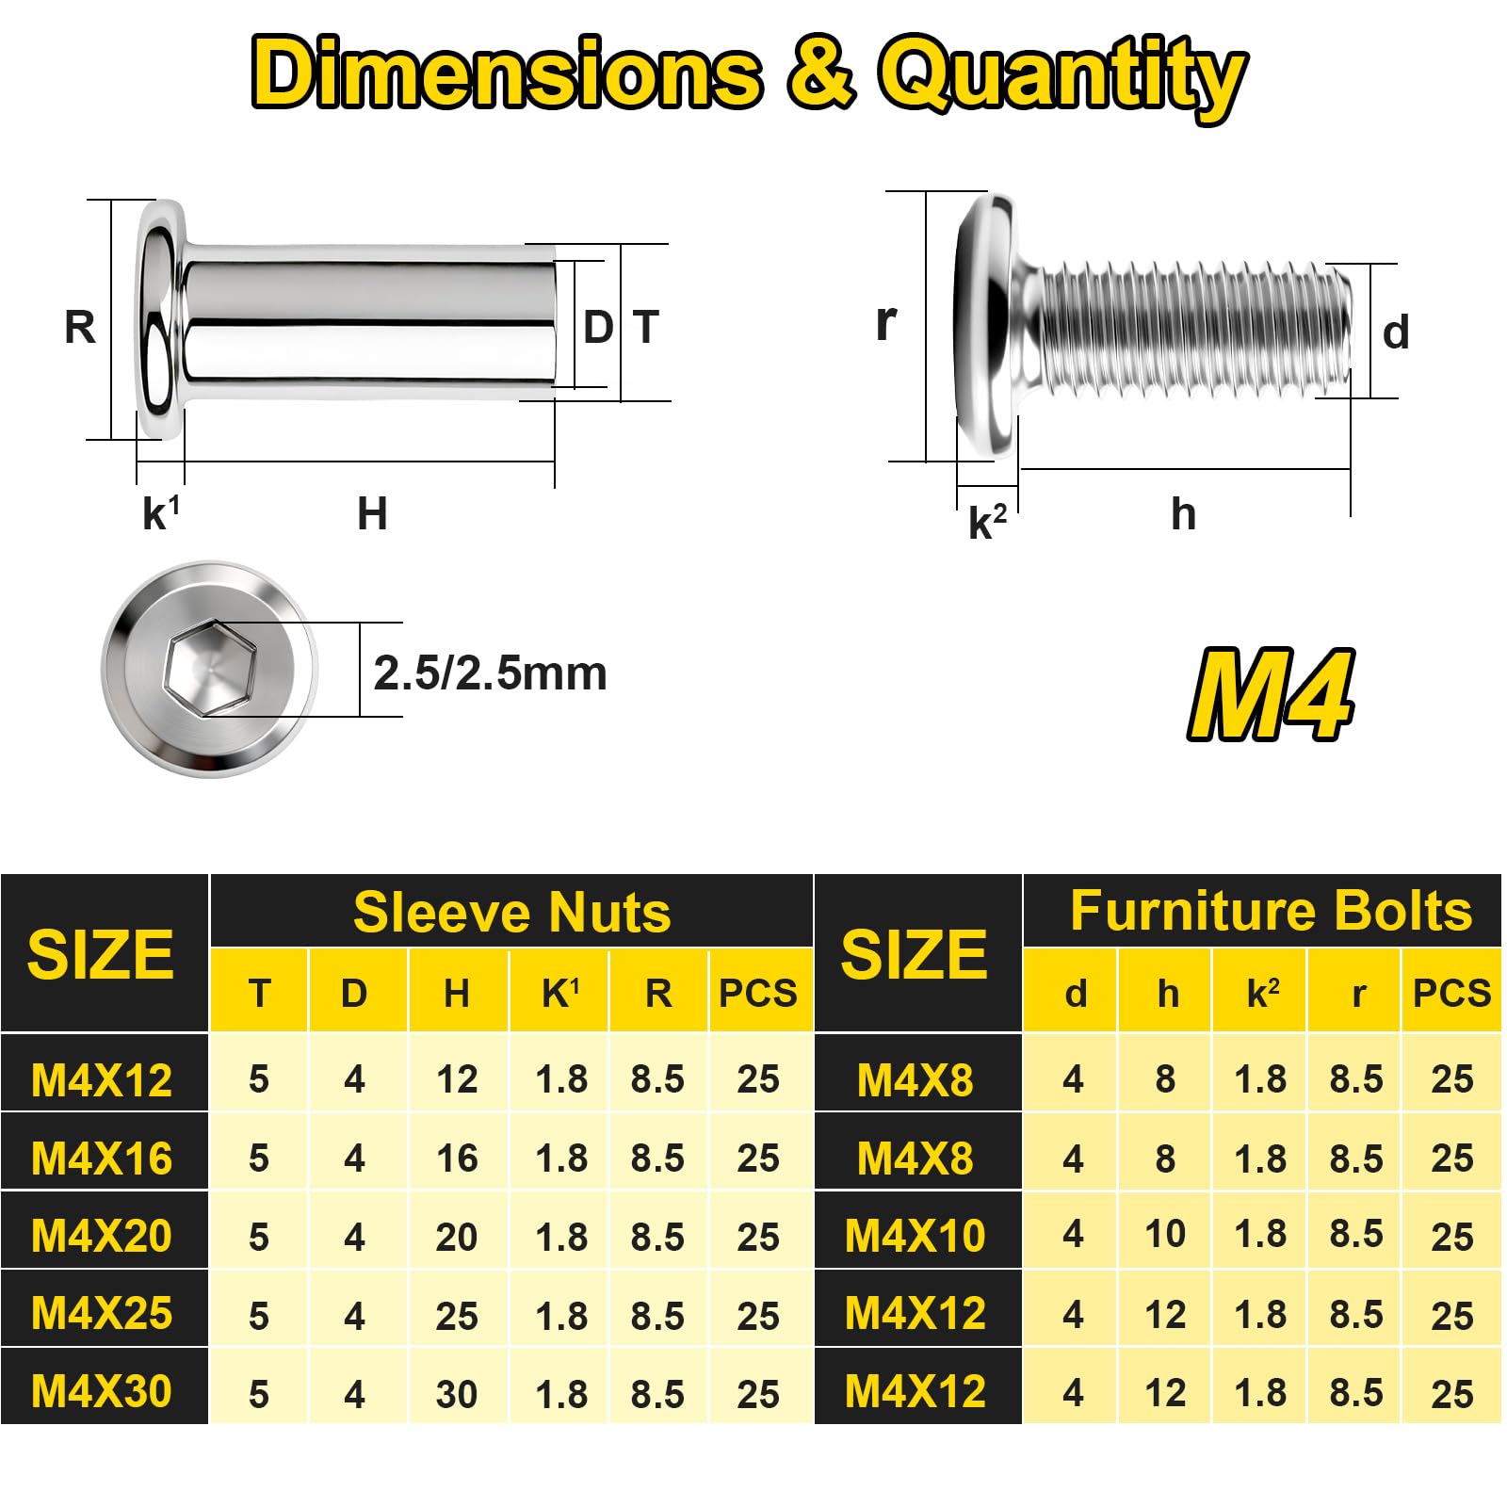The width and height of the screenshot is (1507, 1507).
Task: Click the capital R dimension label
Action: pyautogui.click(x=80, y=328)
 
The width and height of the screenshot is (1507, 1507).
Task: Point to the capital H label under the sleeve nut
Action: pyautogui.click(x=372, y=514)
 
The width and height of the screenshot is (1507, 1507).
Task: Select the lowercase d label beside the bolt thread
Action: pyautogui.click(x=1396, y=333)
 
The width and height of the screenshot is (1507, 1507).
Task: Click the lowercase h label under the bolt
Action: pyautogui.click(x=1184, y=514)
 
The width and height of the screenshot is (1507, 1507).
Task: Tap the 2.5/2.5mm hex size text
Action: pyautogui.click(x=490, y=673)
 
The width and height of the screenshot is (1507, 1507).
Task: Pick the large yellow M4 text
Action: pyautogui.click(x=1271, y=694)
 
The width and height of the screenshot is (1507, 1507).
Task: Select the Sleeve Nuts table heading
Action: pyautogui.click(x=511, y=913)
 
